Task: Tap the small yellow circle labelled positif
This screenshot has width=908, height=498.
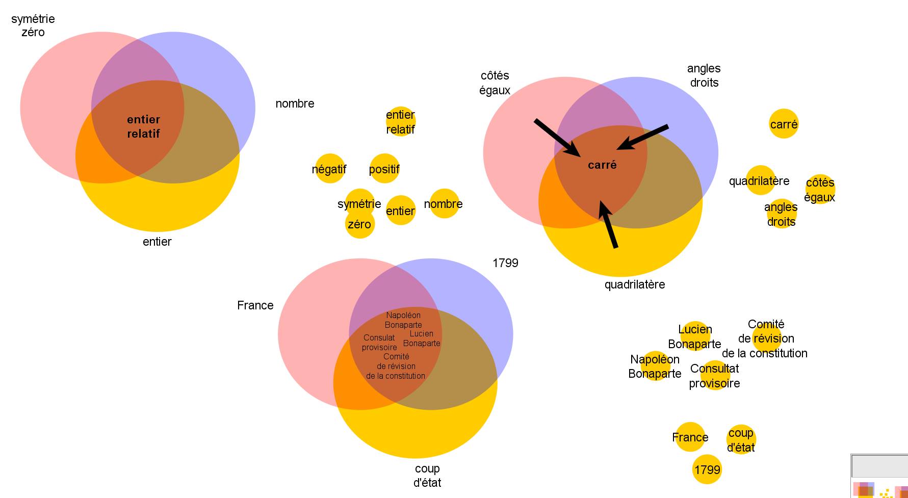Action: tap(384, 169)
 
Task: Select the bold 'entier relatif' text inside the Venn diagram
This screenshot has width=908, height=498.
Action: tap(143, 126)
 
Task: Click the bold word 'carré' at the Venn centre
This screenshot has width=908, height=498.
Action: tap(602, 165)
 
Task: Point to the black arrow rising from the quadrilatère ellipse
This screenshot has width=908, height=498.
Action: tap(608, 225)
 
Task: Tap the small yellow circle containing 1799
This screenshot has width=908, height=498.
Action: tap(707, 469)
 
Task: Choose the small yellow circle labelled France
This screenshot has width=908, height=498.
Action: tap(690, 437)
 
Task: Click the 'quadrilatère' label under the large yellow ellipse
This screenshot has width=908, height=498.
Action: tap(635, 284)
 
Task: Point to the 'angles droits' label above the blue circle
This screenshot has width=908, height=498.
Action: tap(704, 75)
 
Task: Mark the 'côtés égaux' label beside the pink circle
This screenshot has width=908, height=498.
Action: tap(495, 83)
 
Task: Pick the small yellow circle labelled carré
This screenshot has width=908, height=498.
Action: tap(784, 124)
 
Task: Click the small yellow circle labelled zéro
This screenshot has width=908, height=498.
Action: tap(359, 224)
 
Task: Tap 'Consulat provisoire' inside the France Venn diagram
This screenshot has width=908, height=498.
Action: tap(379, 343)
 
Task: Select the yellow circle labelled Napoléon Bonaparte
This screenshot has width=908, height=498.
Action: tap(655, 366)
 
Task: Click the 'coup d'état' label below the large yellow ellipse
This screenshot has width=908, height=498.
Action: tap(427, 475)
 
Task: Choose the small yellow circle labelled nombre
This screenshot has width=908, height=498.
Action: tap(444, 204)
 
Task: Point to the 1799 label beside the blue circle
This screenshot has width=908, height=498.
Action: tap(505, 263)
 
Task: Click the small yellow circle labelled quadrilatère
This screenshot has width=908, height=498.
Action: tap(760, 180)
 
